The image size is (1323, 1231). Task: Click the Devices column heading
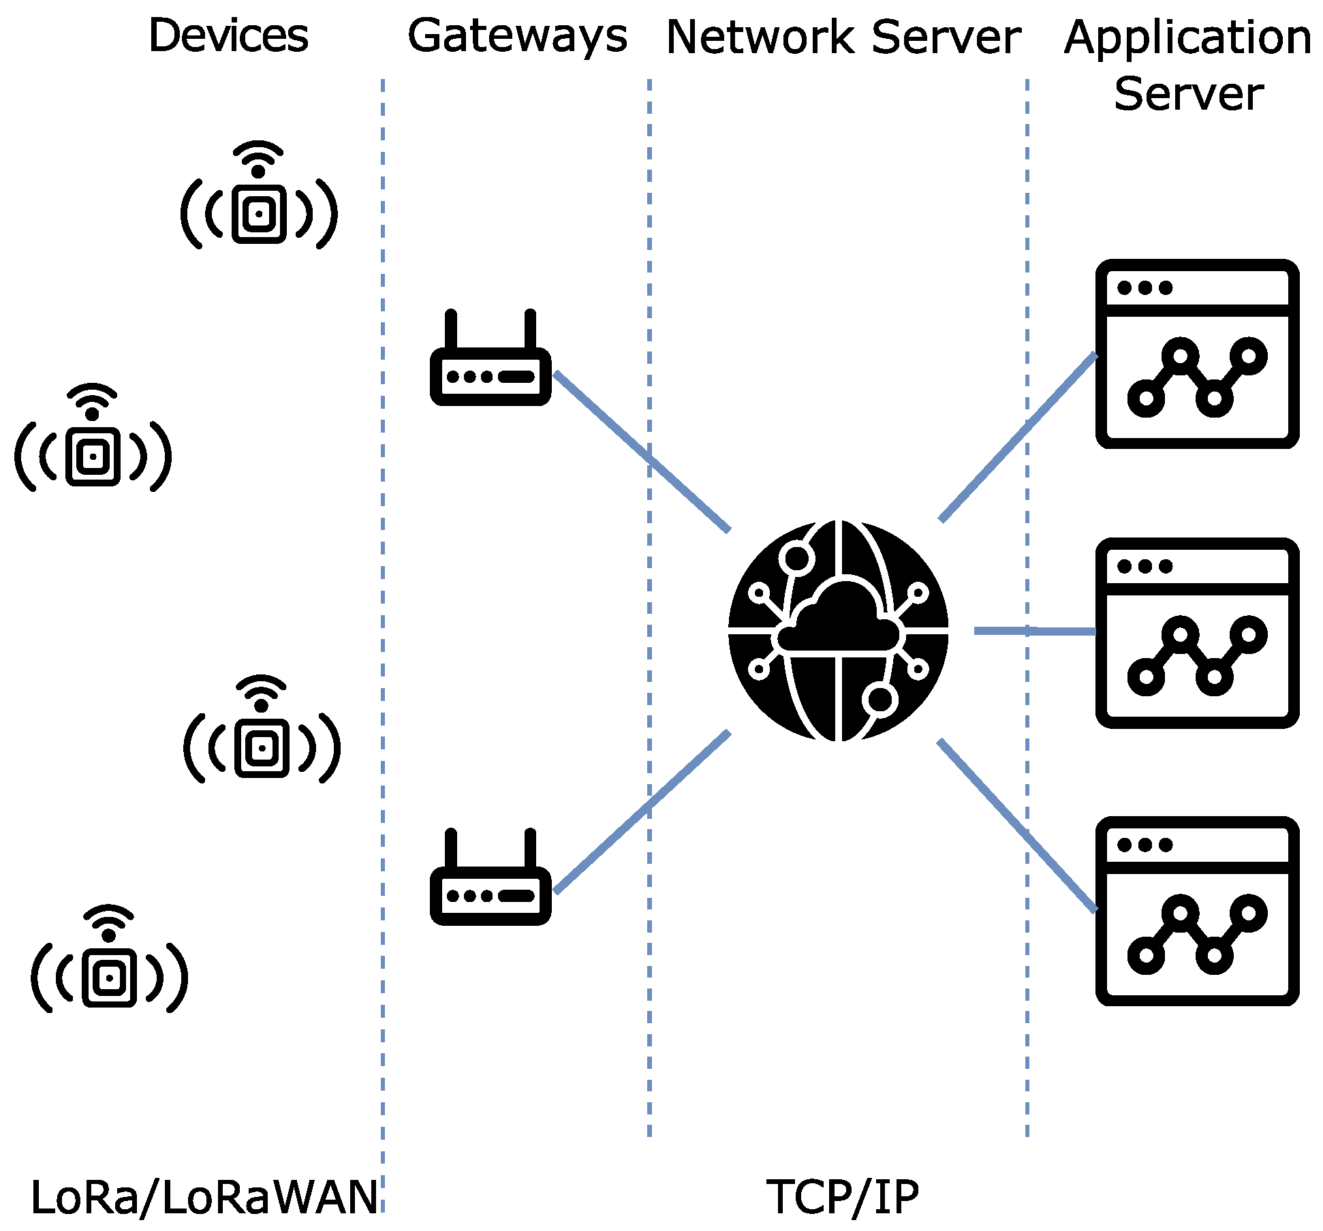228,35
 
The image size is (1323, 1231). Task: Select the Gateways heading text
517,37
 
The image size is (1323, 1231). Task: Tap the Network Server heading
843,37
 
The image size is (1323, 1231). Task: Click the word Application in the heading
1187,38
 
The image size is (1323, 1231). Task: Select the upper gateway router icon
491,358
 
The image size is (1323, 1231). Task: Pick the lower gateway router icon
491,877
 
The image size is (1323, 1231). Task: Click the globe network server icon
839,631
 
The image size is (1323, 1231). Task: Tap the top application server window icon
1197,354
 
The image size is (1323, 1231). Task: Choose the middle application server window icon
1197,633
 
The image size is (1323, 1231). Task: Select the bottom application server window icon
1197,911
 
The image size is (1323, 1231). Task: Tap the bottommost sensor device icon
109,959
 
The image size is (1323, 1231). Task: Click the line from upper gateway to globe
642,451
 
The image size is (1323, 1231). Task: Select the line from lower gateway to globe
642,811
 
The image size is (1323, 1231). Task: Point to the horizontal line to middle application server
1035,632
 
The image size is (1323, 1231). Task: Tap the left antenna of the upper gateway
450,330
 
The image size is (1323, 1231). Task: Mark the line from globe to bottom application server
1018,826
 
